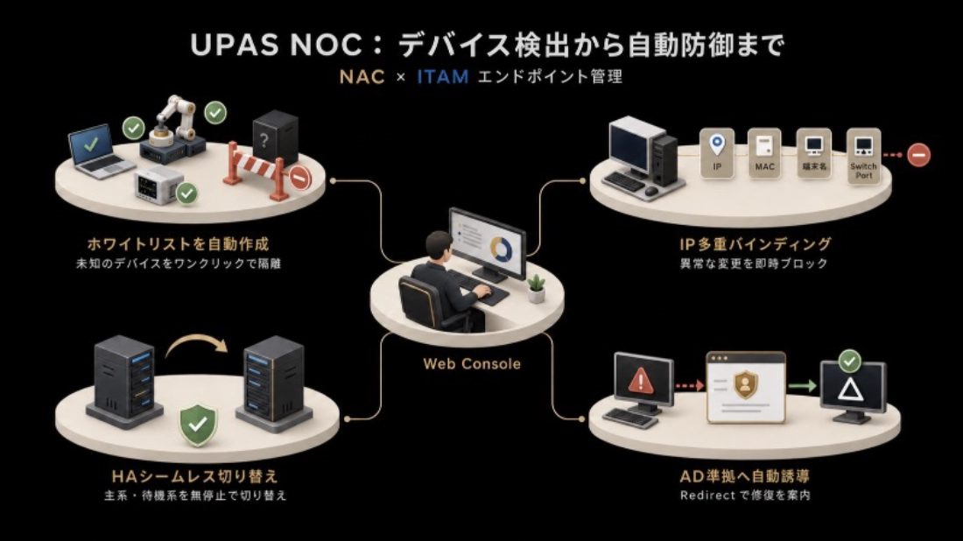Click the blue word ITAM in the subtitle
[443, 77]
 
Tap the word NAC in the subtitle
[362, 77]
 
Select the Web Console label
[472, 363]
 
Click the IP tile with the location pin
[717, 153]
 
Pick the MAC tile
[764, 153]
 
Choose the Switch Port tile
[863, 156]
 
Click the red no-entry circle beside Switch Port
[918, 155]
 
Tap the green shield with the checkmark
[198, 425]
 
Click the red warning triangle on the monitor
[641, 381]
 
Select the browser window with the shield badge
[746, 387]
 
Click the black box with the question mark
[275, 138]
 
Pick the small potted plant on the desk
[536, 288]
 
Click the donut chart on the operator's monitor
[501, 250]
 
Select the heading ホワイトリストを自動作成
[178, 243]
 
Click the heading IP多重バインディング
[755, 244]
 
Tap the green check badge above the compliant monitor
[850, 361]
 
